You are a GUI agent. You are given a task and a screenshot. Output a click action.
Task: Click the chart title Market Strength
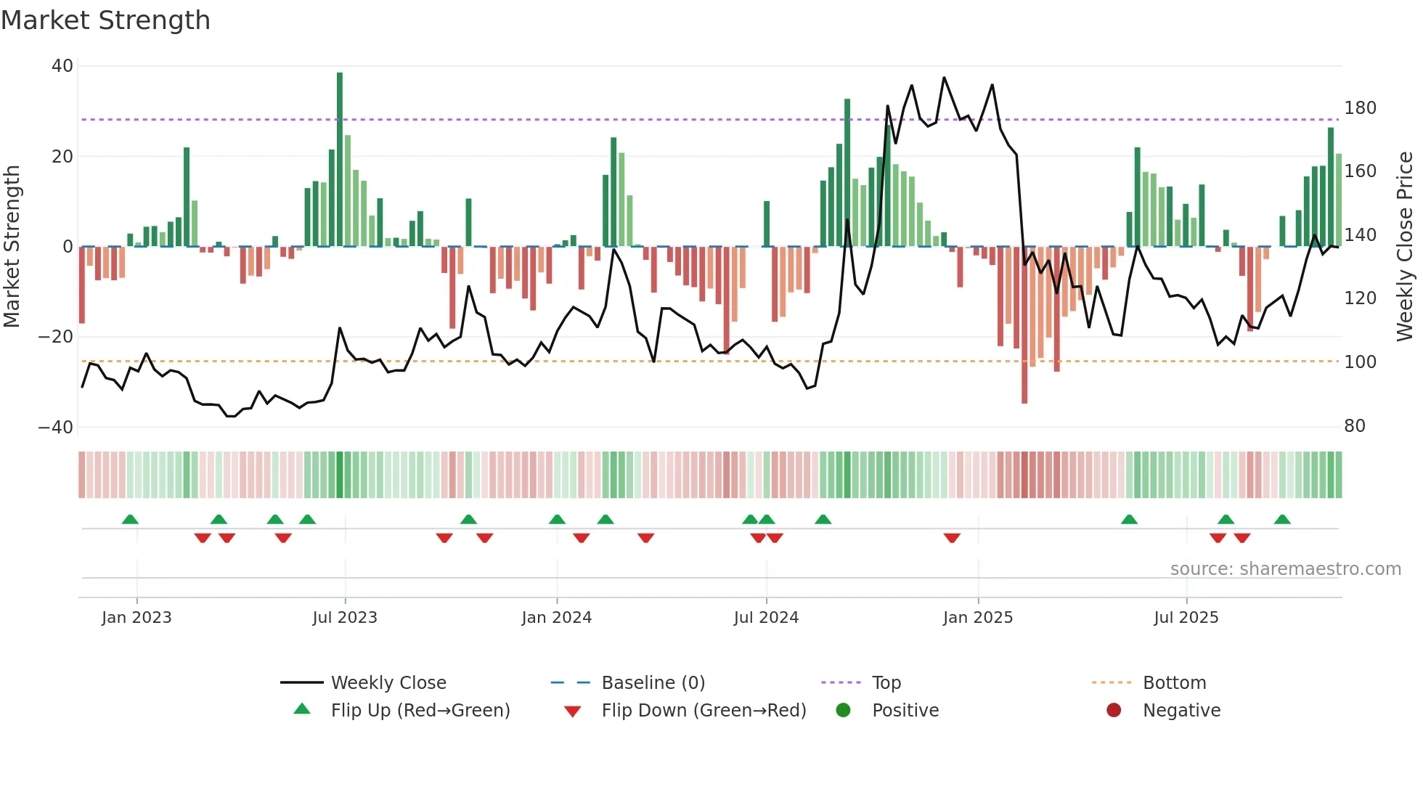click(105, 20)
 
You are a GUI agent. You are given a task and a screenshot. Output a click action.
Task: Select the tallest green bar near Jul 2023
click(340, 160)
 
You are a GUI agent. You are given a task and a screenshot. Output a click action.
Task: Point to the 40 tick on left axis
click(62, 66)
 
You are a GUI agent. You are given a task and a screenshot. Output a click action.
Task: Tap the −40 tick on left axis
click(56, 427)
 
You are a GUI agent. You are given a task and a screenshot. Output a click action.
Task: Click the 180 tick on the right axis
click(1360, 108)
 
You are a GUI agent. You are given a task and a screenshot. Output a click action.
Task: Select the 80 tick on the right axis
click(1355, 426)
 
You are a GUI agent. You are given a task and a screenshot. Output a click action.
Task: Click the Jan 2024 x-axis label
click(556, 618)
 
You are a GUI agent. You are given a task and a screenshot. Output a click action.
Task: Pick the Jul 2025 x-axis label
click(1186, 618)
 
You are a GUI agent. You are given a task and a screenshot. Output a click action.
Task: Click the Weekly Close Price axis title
click(1405, 247)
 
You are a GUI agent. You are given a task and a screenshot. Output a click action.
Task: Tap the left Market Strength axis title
click(12, 247)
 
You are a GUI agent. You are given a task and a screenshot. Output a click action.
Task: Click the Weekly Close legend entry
click(388, 683)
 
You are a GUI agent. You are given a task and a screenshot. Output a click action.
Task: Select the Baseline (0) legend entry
click(653, 683)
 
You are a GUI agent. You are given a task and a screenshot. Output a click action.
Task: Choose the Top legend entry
click(886, 683)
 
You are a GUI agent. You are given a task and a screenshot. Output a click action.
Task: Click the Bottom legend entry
click(1174, 683)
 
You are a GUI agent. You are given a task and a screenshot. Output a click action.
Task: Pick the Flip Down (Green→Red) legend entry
click(703, 711)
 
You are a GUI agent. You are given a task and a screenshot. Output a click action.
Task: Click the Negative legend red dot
click(1114, 710)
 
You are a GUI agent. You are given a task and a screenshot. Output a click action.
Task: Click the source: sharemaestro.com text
click(1285, 569)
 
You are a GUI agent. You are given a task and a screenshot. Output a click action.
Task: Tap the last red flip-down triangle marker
click(1241, 538)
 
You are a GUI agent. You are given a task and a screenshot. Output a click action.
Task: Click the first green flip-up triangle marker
click(130, 519)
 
